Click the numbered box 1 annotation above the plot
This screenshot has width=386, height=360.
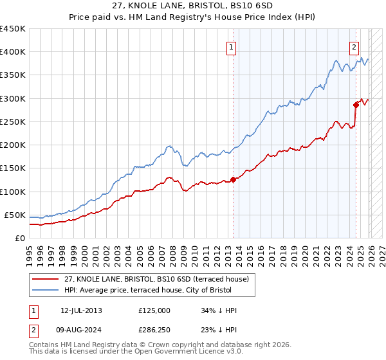pyautogui.click(x=231, y=46)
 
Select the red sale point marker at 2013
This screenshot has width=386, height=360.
pyautogui.click(x=233, y=180)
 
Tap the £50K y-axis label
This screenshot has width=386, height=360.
pyautogui.click(x=15, y=215)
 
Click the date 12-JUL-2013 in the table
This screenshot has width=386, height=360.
pyautogui.click(x=81, y=310)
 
